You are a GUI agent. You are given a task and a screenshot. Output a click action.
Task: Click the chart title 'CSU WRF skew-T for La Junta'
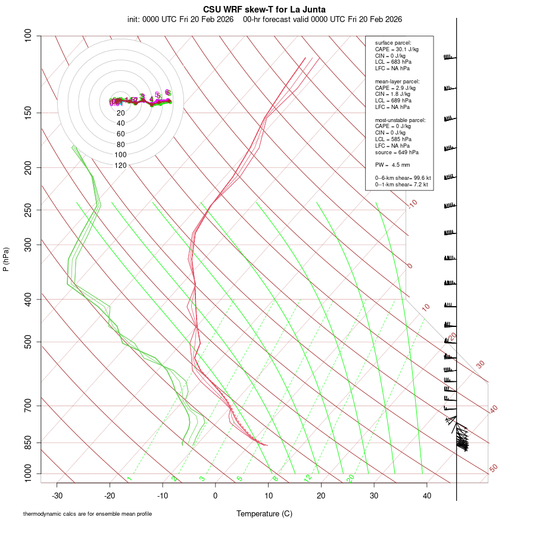tap(264, 10)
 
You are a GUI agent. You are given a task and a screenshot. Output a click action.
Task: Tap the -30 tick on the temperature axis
tap(57, 496)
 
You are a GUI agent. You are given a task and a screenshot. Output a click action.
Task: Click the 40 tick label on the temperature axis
tap(427, 496)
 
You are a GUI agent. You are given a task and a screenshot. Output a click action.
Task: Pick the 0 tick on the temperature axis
tap(216, 496)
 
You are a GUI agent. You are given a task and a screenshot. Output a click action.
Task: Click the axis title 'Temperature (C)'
tap(264, 513)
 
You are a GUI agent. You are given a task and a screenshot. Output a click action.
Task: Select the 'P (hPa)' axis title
tap(6, 259)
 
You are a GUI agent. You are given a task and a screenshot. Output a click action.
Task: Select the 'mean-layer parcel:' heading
tap(397, 81)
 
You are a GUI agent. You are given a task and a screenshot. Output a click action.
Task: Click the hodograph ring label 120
tap(120, 166)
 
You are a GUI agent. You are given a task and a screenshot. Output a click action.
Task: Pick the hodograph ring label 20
tap(120, 113)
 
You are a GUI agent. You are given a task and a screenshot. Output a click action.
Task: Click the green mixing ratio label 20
tap(351, 478)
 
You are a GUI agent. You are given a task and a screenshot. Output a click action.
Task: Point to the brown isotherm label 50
tap(493, 469)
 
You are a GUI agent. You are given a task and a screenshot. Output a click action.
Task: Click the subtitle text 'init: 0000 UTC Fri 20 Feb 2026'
tap(180, 19)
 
